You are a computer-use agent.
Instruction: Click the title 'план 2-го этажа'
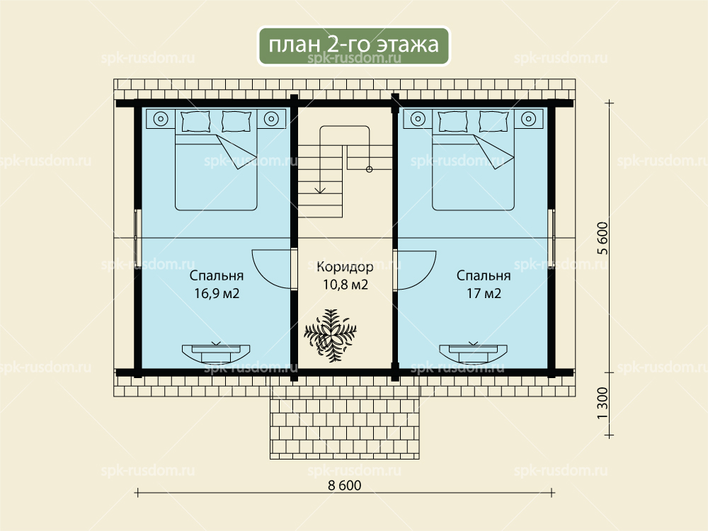click(353, 45)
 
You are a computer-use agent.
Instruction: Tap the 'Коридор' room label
click(345, 267)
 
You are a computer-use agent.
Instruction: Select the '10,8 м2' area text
click(345, 285)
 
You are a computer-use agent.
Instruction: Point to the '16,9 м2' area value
click(217, 294)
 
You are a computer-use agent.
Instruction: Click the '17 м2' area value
click(484, 294)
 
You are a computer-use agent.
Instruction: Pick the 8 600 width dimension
click(345, 486)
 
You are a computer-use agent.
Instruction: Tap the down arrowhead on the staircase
click(320, 190)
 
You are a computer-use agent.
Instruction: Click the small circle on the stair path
click(369, 169)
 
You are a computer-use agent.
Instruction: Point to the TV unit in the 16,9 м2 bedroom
click(216, 353)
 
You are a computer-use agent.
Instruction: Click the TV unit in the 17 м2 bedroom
click(473, 353)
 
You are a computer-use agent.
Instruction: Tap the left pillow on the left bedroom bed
click(195, 121)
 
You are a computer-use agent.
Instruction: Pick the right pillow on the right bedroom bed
click(493, 121)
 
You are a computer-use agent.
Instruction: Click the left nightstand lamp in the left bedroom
click(161, 119)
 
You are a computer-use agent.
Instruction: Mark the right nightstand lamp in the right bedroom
click(528, 119)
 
